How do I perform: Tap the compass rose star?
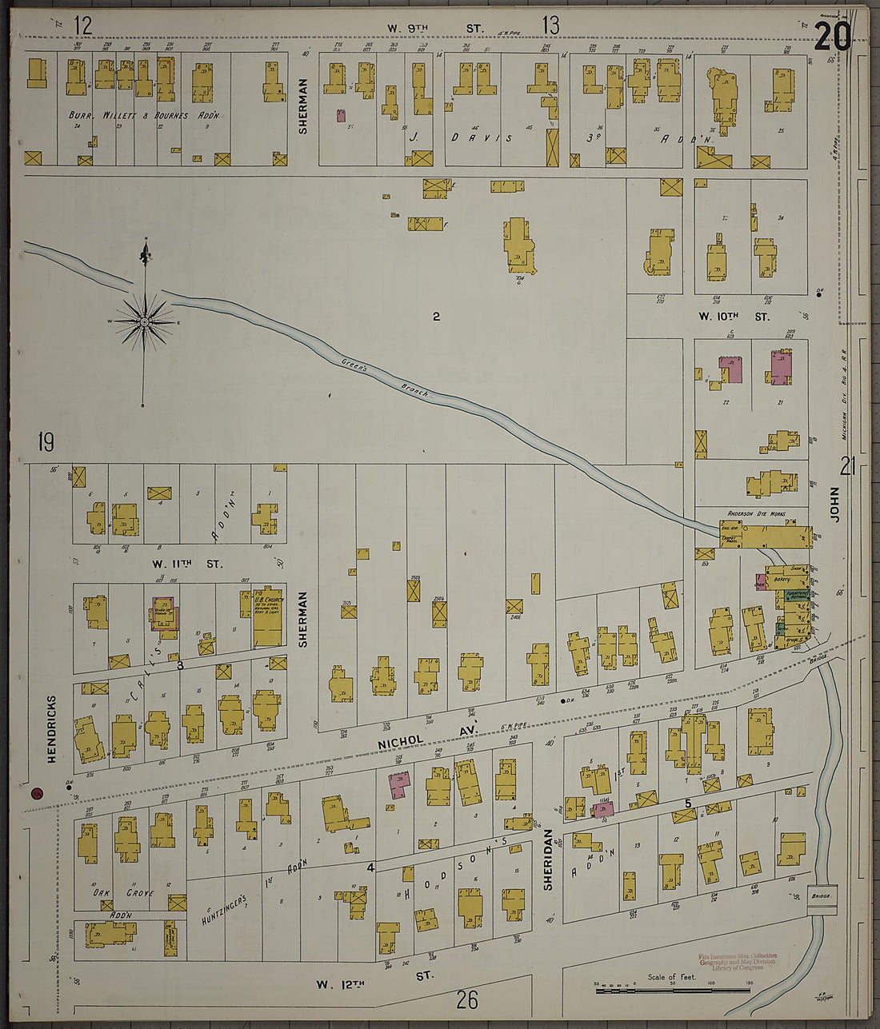[144, 322]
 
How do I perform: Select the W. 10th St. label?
[733, 317]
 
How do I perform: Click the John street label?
[835, 505]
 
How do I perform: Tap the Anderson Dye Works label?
[756, 513]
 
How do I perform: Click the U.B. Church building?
[267, 618]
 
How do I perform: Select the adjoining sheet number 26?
[467, 999]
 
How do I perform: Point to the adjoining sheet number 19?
[45, 441]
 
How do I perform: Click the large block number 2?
[436, 317]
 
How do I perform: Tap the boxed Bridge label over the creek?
[822, 897]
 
